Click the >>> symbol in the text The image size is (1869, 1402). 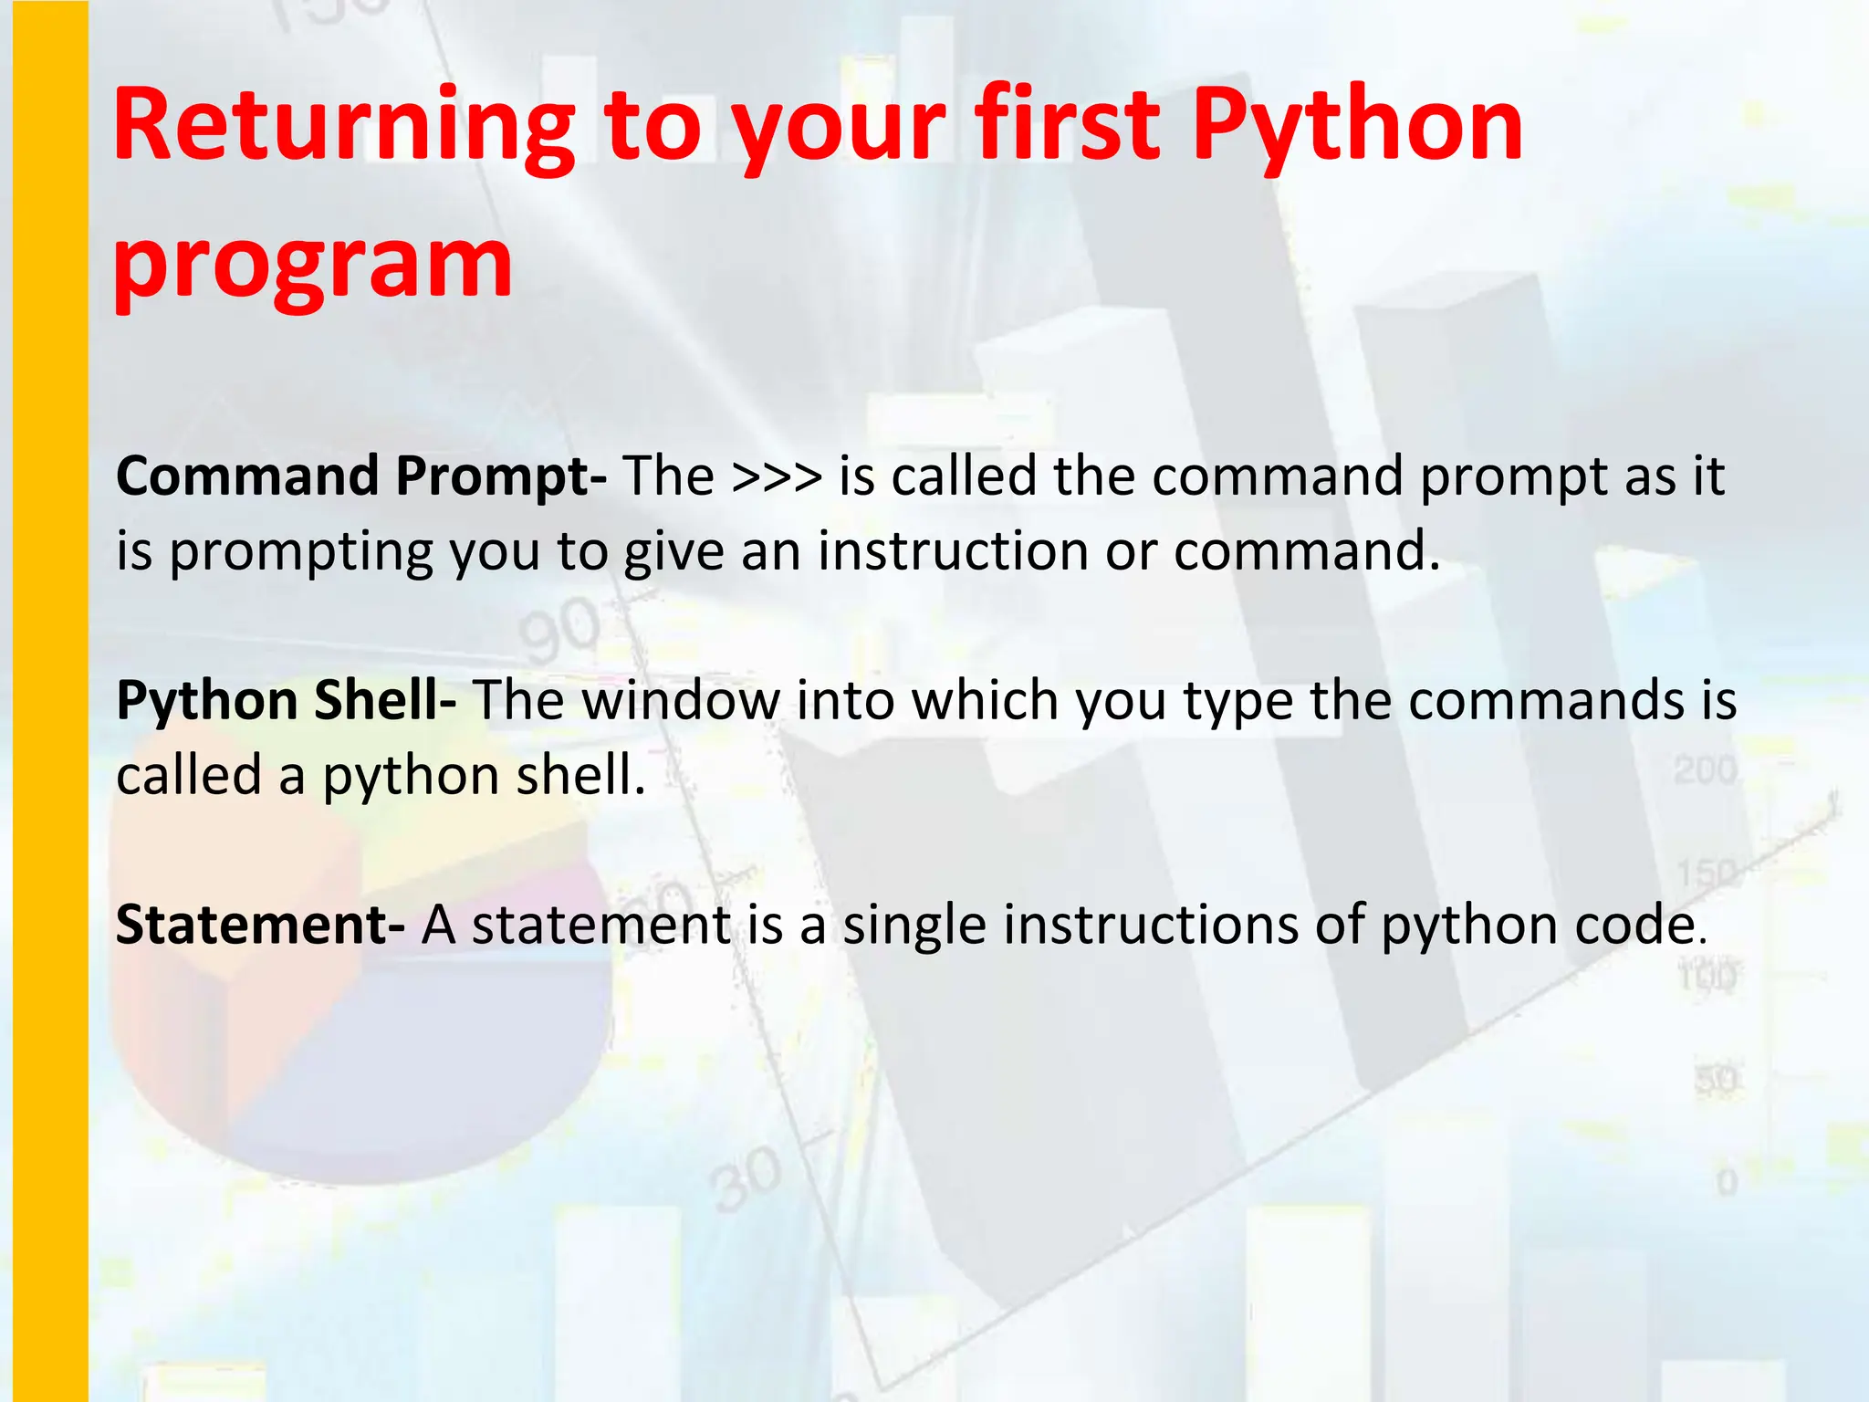click(x=777, y=476)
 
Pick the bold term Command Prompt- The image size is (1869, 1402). click(x=360, y=477)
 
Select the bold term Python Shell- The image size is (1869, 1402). click(x=286, y=701)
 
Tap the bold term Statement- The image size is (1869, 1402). click(x=260, y=925)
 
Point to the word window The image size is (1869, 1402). click(x=681, y=701)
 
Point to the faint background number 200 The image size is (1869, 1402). click(x=1705, y=771)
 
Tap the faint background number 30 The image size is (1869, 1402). click(x=747, y=1180)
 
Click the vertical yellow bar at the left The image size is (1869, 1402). click(x=50, y=701)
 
